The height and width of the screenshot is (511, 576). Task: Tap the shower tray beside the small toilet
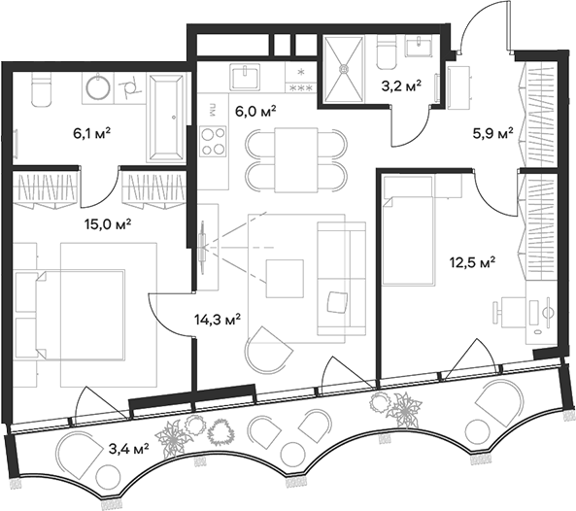coord(345,68)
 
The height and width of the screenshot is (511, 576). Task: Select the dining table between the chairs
coord(295,156)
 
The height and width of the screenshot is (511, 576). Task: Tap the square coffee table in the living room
coord(285,279)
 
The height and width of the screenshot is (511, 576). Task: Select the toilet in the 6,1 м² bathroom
coord(42,89)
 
